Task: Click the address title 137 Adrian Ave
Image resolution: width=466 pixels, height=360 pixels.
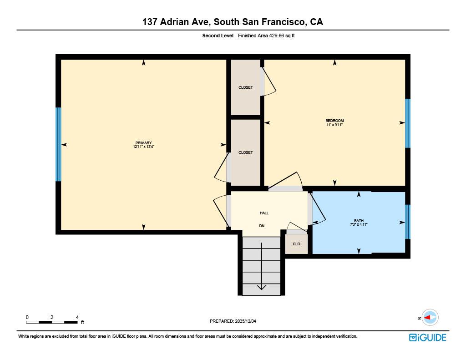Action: [233, 22]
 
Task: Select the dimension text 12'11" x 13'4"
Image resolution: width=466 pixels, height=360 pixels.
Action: [143, 147]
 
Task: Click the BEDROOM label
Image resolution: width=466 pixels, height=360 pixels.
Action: [334, 121]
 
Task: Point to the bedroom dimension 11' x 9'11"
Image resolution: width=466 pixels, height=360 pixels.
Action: [334, 125]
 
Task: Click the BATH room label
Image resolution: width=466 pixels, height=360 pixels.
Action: [359, 221]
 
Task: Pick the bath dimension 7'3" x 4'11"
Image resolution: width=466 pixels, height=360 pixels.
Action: [359, 224]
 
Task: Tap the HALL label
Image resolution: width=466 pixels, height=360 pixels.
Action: [264, 213]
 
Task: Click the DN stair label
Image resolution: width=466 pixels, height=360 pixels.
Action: [262, 226]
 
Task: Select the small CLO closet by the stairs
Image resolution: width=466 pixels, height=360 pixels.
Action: [296, 244]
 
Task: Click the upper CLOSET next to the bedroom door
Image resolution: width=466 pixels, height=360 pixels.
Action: [245, 87]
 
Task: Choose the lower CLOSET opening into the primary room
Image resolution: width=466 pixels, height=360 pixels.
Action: [245, 152]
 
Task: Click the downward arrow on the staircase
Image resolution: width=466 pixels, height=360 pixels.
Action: [262, 267]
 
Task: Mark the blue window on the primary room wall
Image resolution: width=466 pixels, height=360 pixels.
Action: [58, 144]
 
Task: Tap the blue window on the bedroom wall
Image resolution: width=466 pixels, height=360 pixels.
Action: [408, 123]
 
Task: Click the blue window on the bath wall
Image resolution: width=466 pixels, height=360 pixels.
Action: [408, 222]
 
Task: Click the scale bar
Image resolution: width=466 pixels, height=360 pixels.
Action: [51, 322]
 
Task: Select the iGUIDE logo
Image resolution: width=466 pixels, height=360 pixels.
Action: [427, 337]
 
